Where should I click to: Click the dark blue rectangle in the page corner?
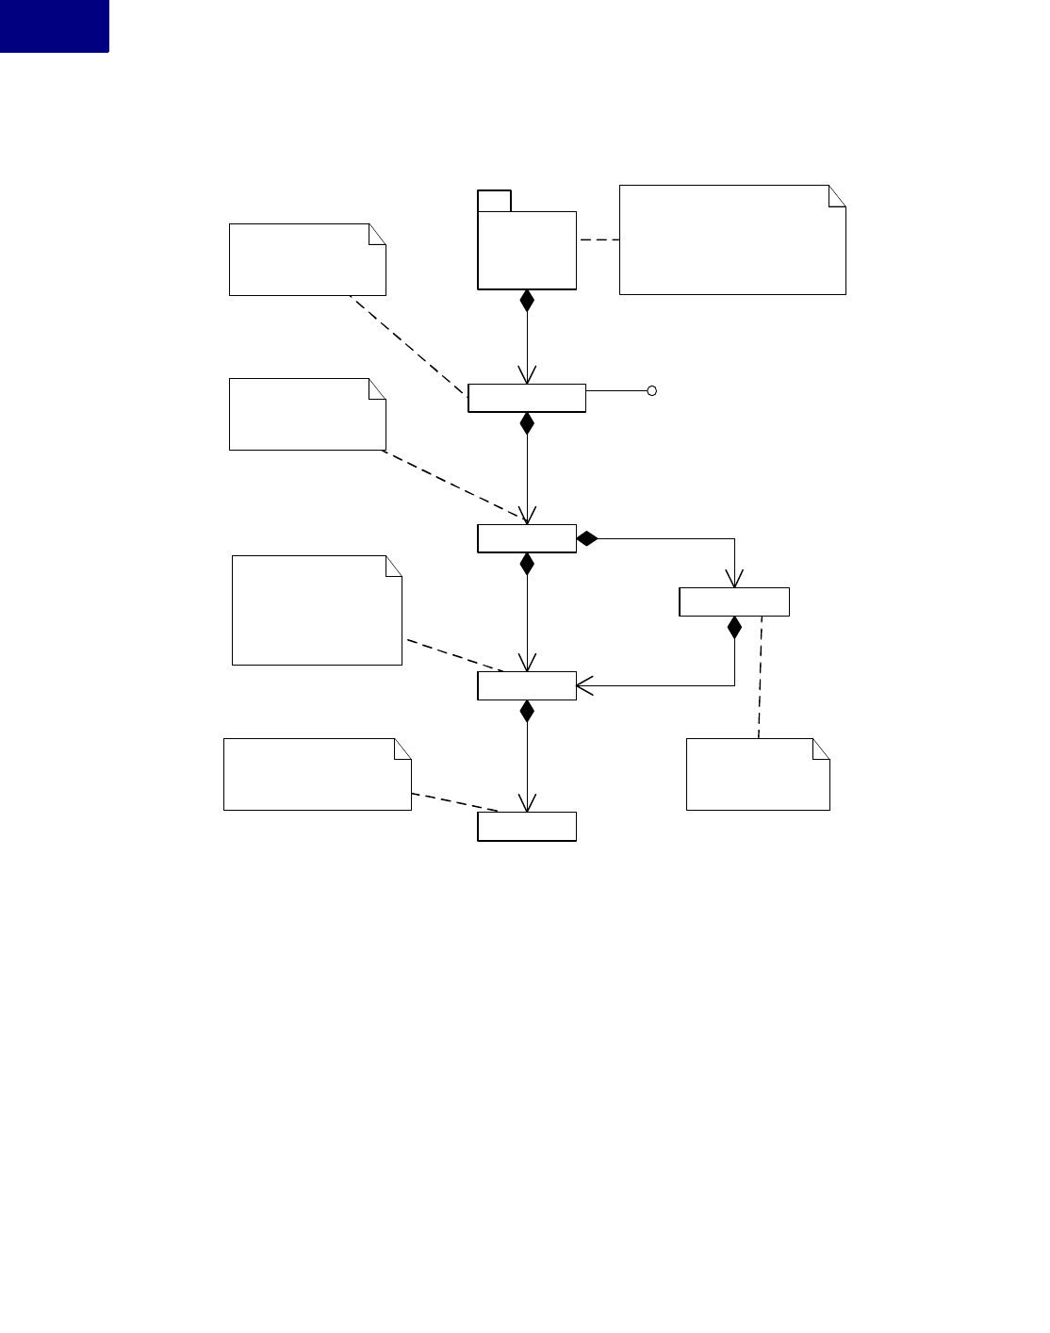[54, 25]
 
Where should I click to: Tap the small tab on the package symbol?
[494, 200]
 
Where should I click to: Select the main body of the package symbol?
[527, 250]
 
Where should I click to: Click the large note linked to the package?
[731, 240]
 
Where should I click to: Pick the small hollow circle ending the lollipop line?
[651, 390]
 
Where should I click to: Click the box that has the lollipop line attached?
[526, 399]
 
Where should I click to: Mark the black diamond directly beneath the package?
[527, 301]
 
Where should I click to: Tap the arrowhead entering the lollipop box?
[527, 375]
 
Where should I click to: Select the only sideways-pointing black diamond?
[587, 538]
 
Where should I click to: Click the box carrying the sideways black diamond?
[526, 538]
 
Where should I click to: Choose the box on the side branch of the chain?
[733, 601]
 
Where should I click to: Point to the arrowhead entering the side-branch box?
[734, 579]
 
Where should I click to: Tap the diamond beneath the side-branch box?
[734, 627]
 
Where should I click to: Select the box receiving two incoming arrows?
[526, 685]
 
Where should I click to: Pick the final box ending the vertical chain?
[526, 826]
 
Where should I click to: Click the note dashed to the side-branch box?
[757, 774]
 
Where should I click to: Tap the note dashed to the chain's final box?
[317, 774]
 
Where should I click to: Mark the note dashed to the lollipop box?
[307, 259]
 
